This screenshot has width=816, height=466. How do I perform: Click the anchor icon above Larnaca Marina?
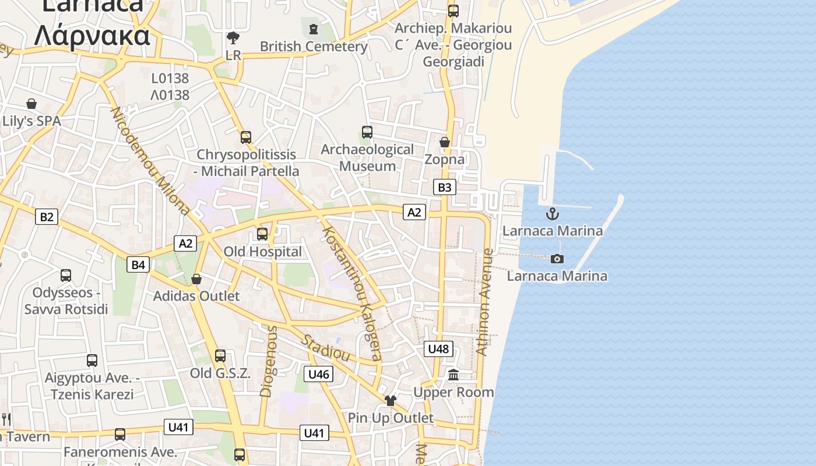(x=552, y=214)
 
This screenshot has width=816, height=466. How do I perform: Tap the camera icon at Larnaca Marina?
(x=557, y=259)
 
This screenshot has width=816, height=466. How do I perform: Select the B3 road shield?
(x=444, y=187)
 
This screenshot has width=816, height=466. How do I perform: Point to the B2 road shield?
(x=47, y=217)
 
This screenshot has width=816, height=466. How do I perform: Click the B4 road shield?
(x=138, y=265)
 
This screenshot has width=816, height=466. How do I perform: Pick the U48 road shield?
(x=438, y=349)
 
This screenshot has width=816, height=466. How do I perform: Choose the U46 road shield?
(x=318, y=374)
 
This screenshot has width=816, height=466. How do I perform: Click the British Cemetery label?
(x=314, y=47)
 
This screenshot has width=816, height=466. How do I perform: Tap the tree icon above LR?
(x=233, y=38)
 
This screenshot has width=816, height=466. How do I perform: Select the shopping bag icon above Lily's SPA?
(x=31, y=104)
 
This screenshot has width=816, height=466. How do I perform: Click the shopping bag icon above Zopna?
(x=445, y=142)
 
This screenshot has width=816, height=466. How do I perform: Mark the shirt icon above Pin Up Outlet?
(x=390, y=401)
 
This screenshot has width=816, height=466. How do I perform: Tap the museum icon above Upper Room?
(x=453, y=375)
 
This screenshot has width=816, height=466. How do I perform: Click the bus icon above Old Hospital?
(x=262, y=234)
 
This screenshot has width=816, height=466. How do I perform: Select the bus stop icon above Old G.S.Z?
(x=220, y=356)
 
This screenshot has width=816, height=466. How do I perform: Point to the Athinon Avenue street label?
(x=484, y=302)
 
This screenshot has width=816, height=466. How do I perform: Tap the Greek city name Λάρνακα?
(x=92, y=36)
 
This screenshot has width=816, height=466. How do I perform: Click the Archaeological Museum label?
(x=367, y=158)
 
